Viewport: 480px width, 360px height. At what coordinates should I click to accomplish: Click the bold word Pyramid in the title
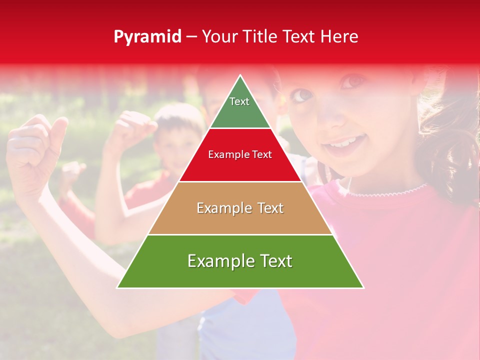click(147, 37)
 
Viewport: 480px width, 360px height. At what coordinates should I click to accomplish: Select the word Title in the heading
click(261, 37)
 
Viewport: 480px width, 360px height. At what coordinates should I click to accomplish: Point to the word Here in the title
click(340, 37)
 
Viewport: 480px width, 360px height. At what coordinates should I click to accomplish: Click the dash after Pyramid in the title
click(191, 37)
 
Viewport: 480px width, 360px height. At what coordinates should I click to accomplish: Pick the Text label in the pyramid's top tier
click(239, 101)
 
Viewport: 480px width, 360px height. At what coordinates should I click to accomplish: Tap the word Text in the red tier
click(262, 154)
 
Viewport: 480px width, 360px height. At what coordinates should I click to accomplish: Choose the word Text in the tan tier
click(270, 208)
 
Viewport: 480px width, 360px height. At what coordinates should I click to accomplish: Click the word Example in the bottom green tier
click(218, 261)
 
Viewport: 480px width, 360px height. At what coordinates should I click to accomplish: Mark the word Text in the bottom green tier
click(275, 261)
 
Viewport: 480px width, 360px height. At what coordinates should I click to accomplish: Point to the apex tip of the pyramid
click(240, 75)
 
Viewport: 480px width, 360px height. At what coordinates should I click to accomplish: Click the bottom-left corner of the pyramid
click(117, 288)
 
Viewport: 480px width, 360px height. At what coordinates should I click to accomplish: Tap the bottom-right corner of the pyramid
click(363, 288)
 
